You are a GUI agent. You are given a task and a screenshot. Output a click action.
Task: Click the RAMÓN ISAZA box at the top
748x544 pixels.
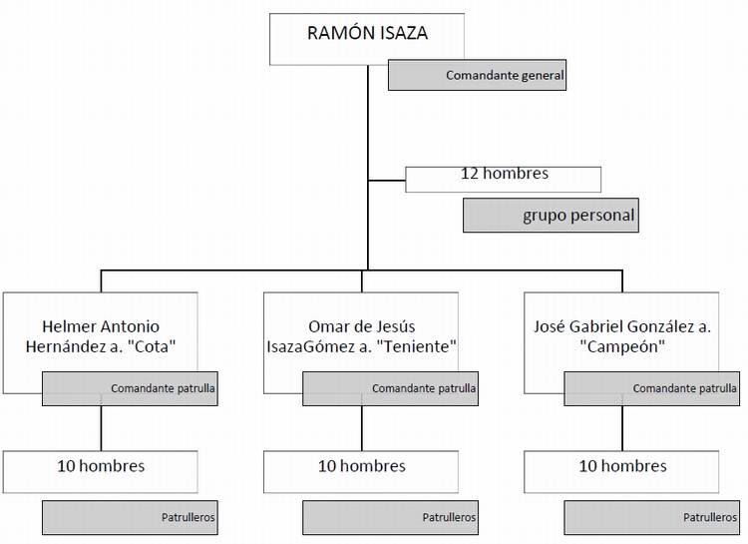point(366,34)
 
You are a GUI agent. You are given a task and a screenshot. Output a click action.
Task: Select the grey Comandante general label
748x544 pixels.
point(477,76)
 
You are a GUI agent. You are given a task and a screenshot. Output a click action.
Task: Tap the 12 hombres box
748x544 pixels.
point(503,176)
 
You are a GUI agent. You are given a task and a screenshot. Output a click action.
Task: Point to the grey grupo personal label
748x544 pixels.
point(550,216)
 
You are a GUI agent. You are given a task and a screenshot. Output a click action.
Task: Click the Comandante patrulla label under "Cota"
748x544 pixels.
point(130,389)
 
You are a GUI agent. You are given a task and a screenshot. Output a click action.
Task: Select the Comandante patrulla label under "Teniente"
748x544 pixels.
point(390,389)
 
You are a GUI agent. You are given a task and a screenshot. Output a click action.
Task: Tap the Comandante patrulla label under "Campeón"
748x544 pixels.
point(651,389)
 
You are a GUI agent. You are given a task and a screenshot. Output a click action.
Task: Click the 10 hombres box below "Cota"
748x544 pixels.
point(100,466)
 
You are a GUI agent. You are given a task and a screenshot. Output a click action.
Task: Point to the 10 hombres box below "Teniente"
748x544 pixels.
point(361,466)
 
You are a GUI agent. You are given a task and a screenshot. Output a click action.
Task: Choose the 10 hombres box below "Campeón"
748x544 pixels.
point(621,466)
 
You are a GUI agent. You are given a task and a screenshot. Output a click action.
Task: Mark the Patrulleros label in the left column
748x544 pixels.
point(130,518)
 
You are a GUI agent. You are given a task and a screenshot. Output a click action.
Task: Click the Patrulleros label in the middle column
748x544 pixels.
point(390,518)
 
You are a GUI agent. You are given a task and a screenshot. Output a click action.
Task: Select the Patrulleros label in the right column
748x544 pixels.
point(651,518)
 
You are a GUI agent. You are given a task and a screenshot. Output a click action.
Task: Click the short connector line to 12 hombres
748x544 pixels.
point(387,180)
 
